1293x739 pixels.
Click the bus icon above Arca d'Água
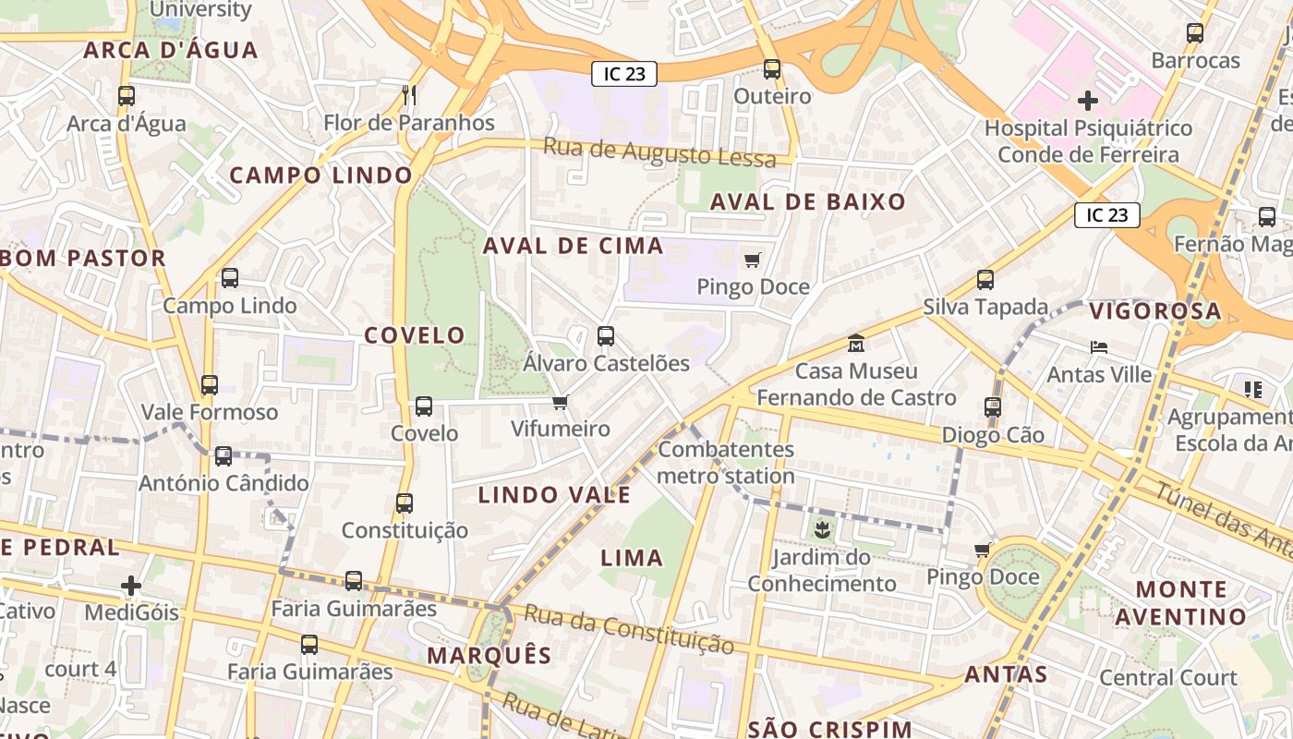pos(127,95)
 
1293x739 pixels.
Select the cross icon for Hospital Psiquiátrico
pos(1088,100)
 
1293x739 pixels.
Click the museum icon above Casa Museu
pos(856,343)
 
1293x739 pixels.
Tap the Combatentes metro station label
pos(726,463)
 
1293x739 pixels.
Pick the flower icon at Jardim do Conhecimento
pos(821,530)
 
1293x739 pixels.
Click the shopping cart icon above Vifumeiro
pos(560,402)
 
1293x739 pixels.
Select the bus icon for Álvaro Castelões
pos(606,336)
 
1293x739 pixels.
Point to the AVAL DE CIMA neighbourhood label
pos(573,246)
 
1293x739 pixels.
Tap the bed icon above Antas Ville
pos(1099,347)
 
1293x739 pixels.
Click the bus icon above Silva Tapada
pos(985,279)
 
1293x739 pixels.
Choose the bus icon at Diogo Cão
pos(993,406)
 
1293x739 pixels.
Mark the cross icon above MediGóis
pos(131,585)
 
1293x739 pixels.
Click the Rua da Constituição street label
pos(629,629)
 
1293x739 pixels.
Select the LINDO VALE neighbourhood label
pos(554,495)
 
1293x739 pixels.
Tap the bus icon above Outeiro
pos(772,68)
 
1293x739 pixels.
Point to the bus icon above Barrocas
pos(1195,33)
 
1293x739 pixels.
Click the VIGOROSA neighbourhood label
pos(1155,311)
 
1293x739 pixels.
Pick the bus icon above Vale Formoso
pos(210,384)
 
